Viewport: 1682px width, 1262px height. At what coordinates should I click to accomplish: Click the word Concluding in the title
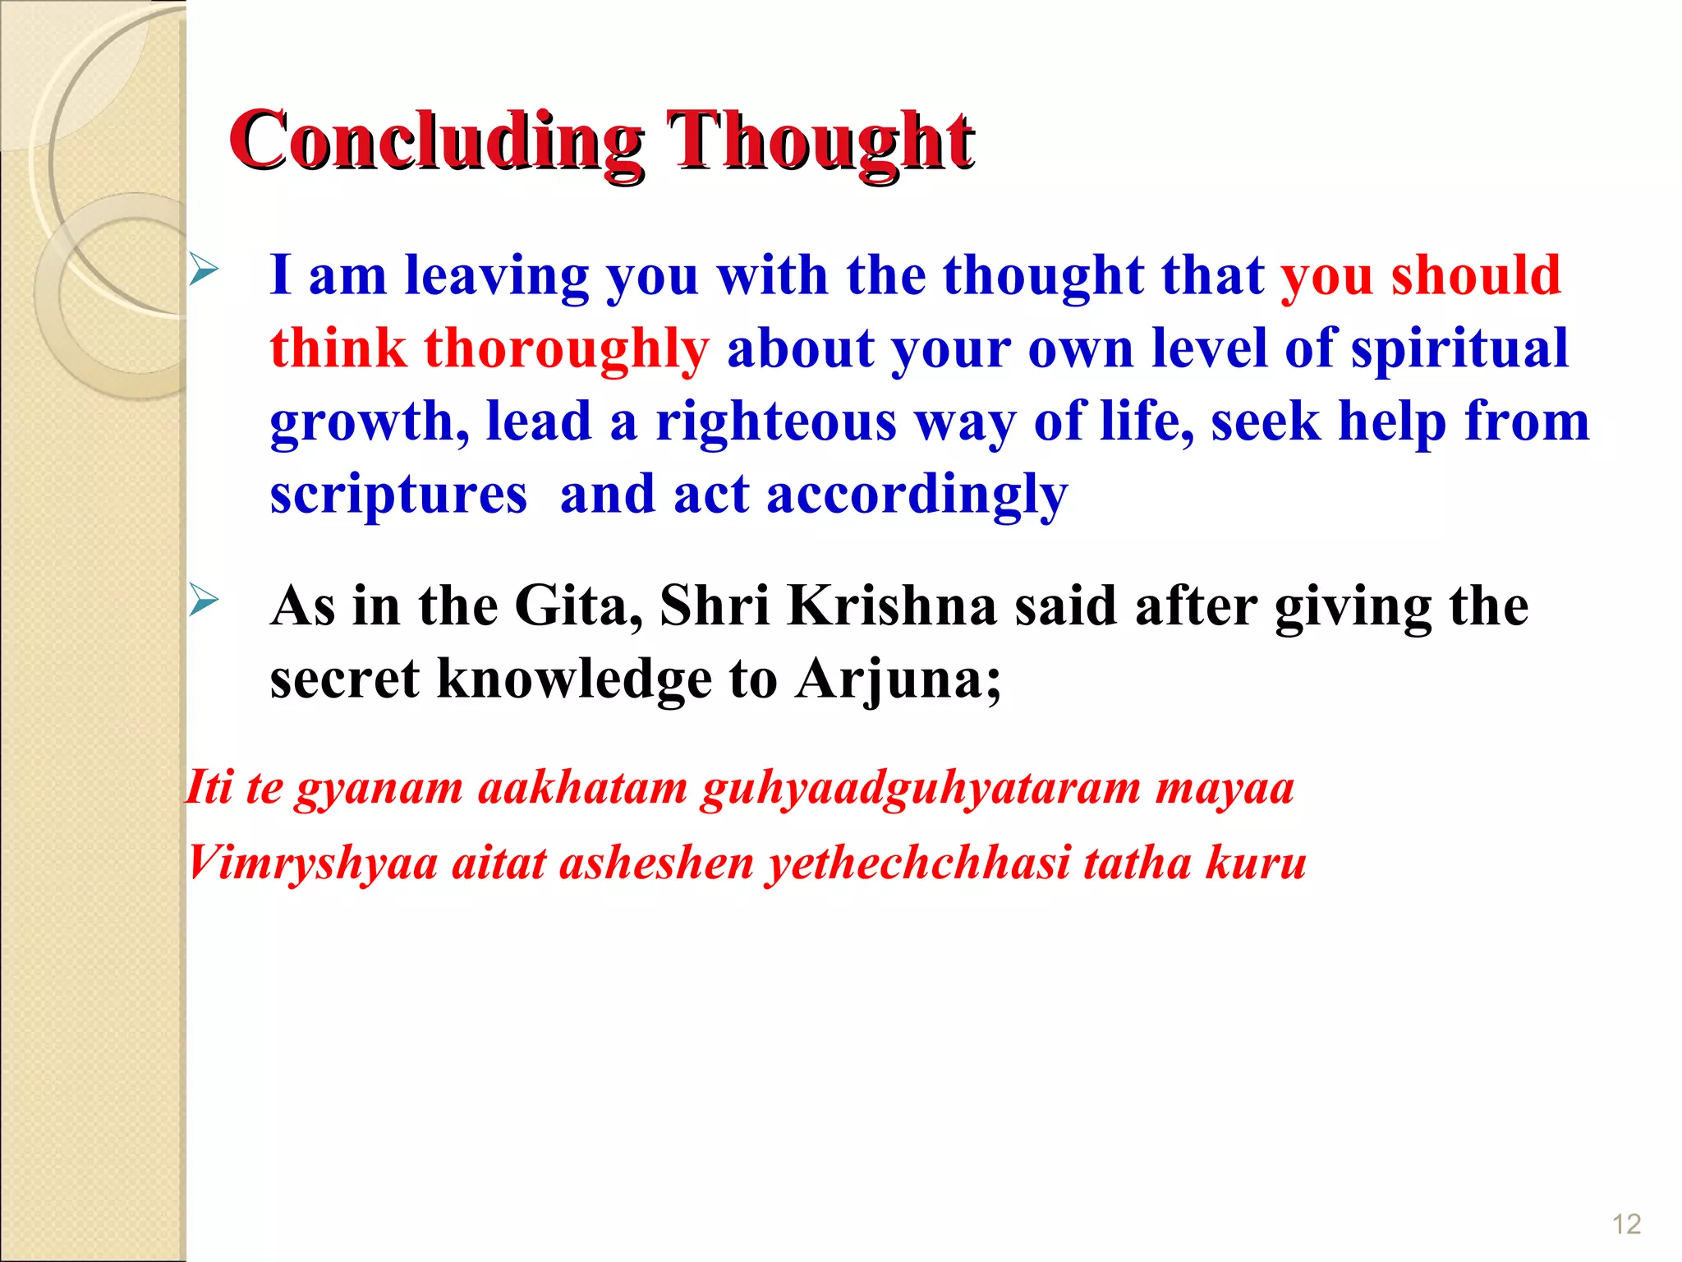435,141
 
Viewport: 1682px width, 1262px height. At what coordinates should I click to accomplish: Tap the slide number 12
1626,1225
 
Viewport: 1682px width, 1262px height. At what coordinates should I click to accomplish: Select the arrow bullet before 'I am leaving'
204,270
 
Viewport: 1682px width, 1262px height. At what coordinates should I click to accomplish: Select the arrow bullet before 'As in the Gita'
204,601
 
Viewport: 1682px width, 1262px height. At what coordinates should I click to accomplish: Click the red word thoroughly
566,348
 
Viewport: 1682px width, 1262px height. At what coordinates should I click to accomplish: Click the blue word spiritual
1459,348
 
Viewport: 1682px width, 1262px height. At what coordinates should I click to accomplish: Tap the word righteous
775,421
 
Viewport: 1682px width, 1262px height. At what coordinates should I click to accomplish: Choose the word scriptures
398,495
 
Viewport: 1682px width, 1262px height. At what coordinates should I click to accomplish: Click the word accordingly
917,495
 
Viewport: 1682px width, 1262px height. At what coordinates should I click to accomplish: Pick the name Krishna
892,606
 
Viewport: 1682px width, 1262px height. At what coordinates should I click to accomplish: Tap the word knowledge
574,679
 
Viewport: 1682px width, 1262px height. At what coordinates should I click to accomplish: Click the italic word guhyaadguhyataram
921,788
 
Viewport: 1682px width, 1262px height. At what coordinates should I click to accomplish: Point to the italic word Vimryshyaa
312,864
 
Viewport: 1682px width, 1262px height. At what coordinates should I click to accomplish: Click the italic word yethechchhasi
918,864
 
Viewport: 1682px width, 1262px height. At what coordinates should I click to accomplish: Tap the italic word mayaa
1225,788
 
